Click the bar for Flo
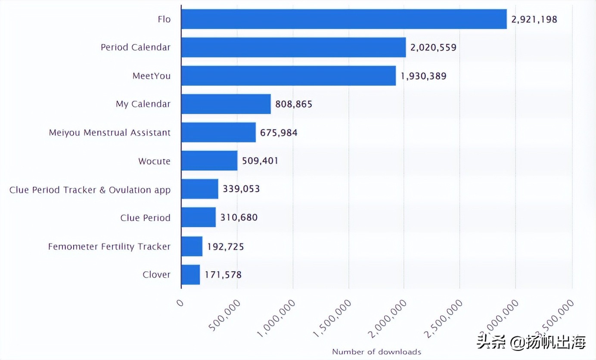click(x=344, y=19)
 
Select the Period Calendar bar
click(x=293, y=47)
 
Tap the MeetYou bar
click(x=288, y=76)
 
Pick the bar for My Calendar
click(x=226, y=104)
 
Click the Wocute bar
click(x=209, y=161)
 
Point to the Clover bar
click(x=190, y=275)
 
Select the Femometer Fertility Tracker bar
click(x=192, y=246)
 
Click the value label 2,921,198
click(x=534, y=19)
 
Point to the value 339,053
click(x=241, y=189)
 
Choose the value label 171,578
click(x=223, y=275)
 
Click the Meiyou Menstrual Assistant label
click(x=110, y=133)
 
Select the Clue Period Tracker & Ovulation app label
click(x=90, y=190)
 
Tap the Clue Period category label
click(x=146, y=218)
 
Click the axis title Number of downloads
click(x=376, y=352)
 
